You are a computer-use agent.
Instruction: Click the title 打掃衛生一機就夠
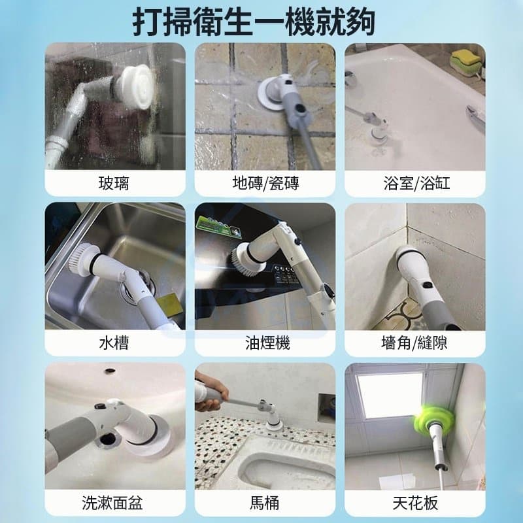(254, 23)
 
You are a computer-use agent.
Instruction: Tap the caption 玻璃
(114, 183)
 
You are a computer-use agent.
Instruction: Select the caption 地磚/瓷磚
(265, 183)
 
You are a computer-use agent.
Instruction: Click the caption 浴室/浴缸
(416, 183)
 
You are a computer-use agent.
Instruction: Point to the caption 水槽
(114, 343)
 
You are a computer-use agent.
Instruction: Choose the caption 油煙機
(267, 343)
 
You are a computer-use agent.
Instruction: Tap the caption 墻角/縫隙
(414, 343)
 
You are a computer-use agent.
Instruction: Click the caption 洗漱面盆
(112, 503)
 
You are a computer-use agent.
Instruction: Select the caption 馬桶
(265, 503)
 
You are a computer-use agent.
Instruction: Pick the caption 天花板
(415, 503)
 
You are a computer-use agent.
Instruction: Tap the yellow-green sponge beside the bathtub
(466, 63)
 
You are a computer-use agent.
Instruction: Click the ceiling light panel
(390, 395)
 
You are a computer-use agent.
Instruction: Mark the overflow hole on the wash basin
(109, 371)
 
